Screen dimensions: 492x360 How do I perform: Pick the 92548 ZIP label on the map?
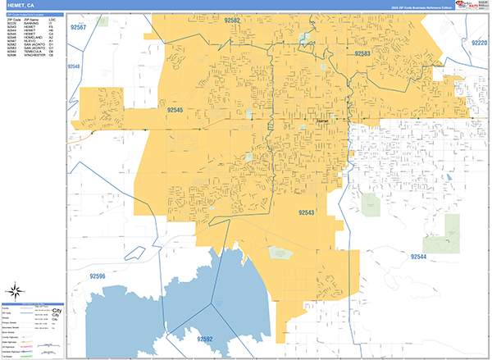(75, 66)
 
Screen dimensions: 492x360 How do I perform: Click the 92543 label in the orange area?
(307, 212)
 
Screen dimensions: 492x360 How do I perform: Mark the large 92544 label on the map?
(418, 257)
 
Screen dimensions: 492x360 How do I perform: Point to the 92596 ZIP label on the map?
(96, 276)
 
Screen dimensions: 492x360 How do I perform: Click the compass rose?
(16, 289)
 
